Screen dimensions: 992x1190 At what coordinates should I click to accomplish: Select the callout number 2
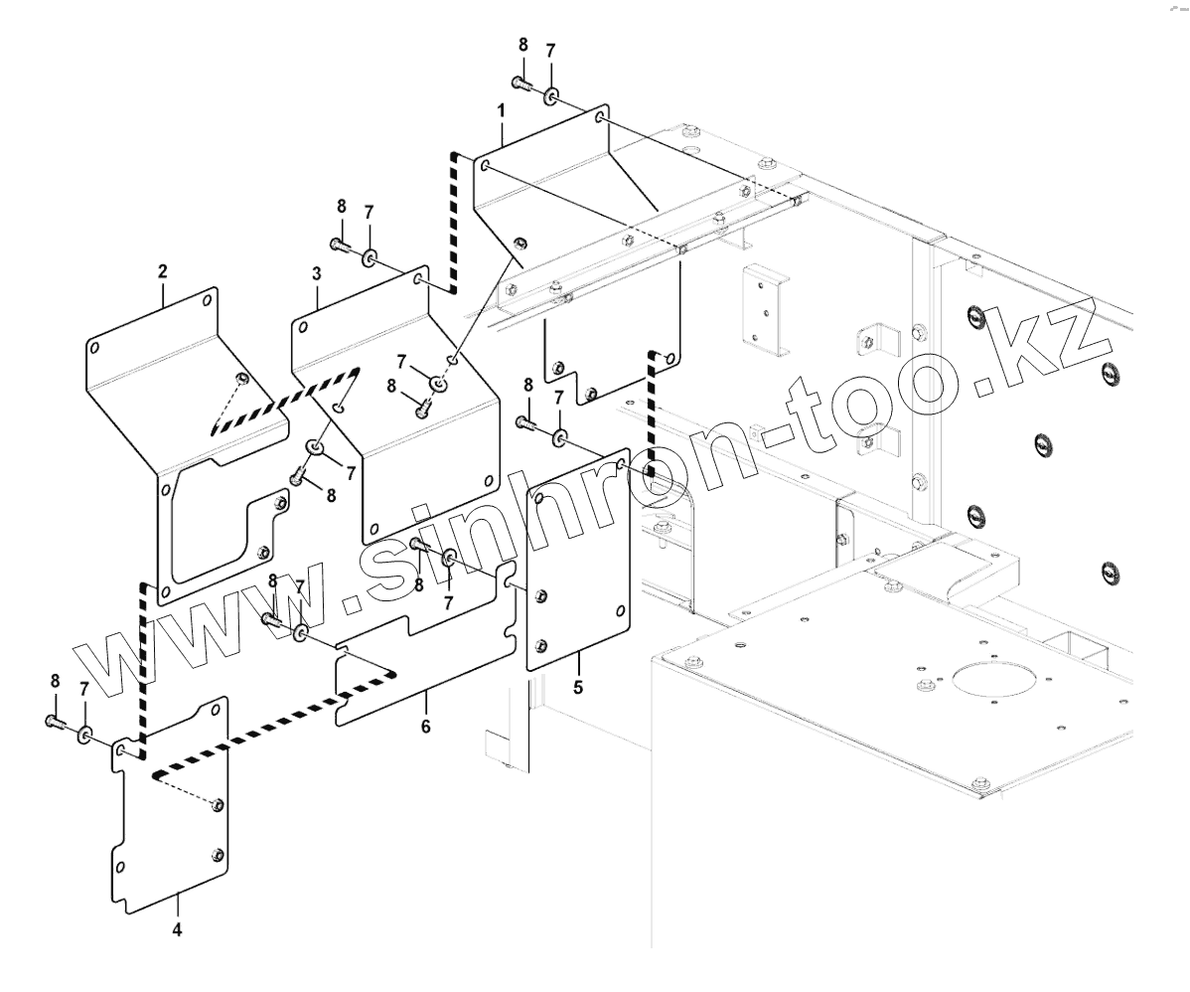pos(163,270)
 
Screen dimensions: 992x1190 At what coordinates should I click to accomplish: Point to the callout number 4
pos(177,930)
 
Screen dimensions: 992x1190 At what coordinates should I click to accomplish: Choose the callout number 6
pos(426,727)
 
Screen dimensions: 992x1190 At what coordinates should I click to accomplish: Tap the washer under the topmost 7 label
pos(551,95)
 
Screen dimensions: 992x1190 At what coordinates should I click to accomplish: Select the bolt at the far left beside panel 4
pos(55,722)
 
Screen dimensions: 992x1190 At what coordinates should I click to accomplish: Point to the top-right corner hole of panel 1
pos(600,118)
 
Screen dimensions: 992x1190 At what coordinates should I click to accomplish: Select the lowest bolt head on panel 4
pos(218,853)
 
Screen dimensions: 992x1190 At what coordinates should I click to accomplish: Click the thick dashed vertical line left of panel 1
pos(453,223)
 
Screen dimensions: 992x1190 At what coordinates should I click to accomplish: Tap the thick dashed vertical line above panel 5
pos(653,408)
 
